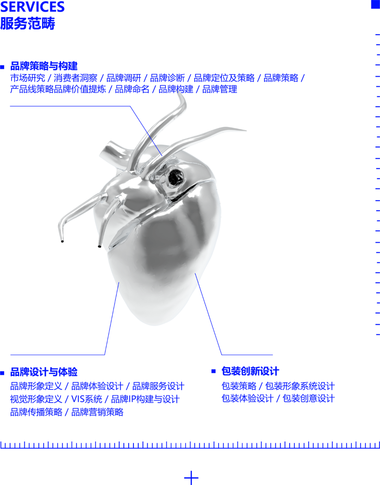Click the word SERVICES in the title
[x=32, y=7]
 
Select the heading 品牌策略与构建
[x=44, y=66]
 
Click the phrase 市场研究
[x=27, y=78]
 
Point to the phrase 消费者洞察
[x=76, y=78]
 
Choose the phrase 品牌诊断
[x=167, y=78]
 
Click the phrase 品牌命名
[x=132, y=89]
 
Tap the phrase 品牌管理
[x=220, y=89]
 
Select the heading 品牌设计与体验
[x=44, y=372]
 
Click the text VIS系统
[x=87, y=399]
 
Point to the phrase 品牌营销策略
[x=97, y=412]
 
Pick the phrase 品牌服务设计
[x=158, y=386]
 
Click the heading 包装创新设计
[x=250, y=371]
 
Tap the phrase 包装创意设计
[x=309, y=399]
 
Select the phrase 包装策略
[x=239, y=386]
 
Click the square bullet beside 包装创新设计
[x=213, y=371]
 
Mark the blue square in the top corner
[x=375, y=4]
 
